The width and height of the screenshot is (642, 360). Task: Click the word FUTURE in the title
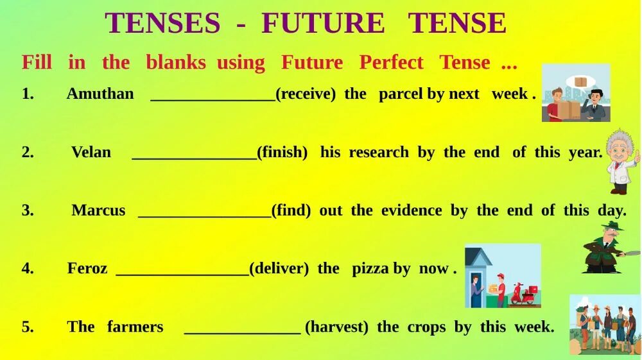(323, 24)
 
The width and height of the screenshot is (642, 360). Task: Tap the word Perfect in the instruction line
(391, 63)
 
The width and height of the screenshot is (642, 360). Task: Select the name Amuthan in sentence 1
(100, 94)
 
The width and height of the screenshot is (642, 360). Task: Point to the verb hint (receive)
(306, 94)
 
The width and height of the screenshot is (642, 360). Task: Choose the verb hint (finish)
(282, 153)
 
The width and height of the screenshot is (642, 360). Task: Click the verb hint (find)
(291, 211)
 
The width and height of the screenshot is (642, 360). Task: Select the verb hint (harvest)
(336, 327)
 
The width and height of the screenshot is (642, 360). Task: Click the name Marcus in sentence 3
(98, 211)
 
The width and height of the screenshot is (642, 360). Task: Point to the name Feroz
(87, 268)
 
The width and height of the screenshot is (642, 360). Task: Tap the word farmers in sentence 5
(135, 327)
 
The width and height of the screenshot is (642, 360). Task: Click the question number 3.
(28, 211)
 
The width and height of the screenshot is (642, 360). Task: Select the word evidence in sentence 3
(412, 211)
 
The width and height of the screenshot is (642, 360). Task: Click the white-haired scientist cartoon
(621, 160)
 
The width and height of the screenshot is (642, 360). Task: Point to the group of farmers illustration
(605, 324)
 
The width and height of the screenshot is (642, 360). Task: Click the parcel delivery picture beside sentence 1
(576, 93)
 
